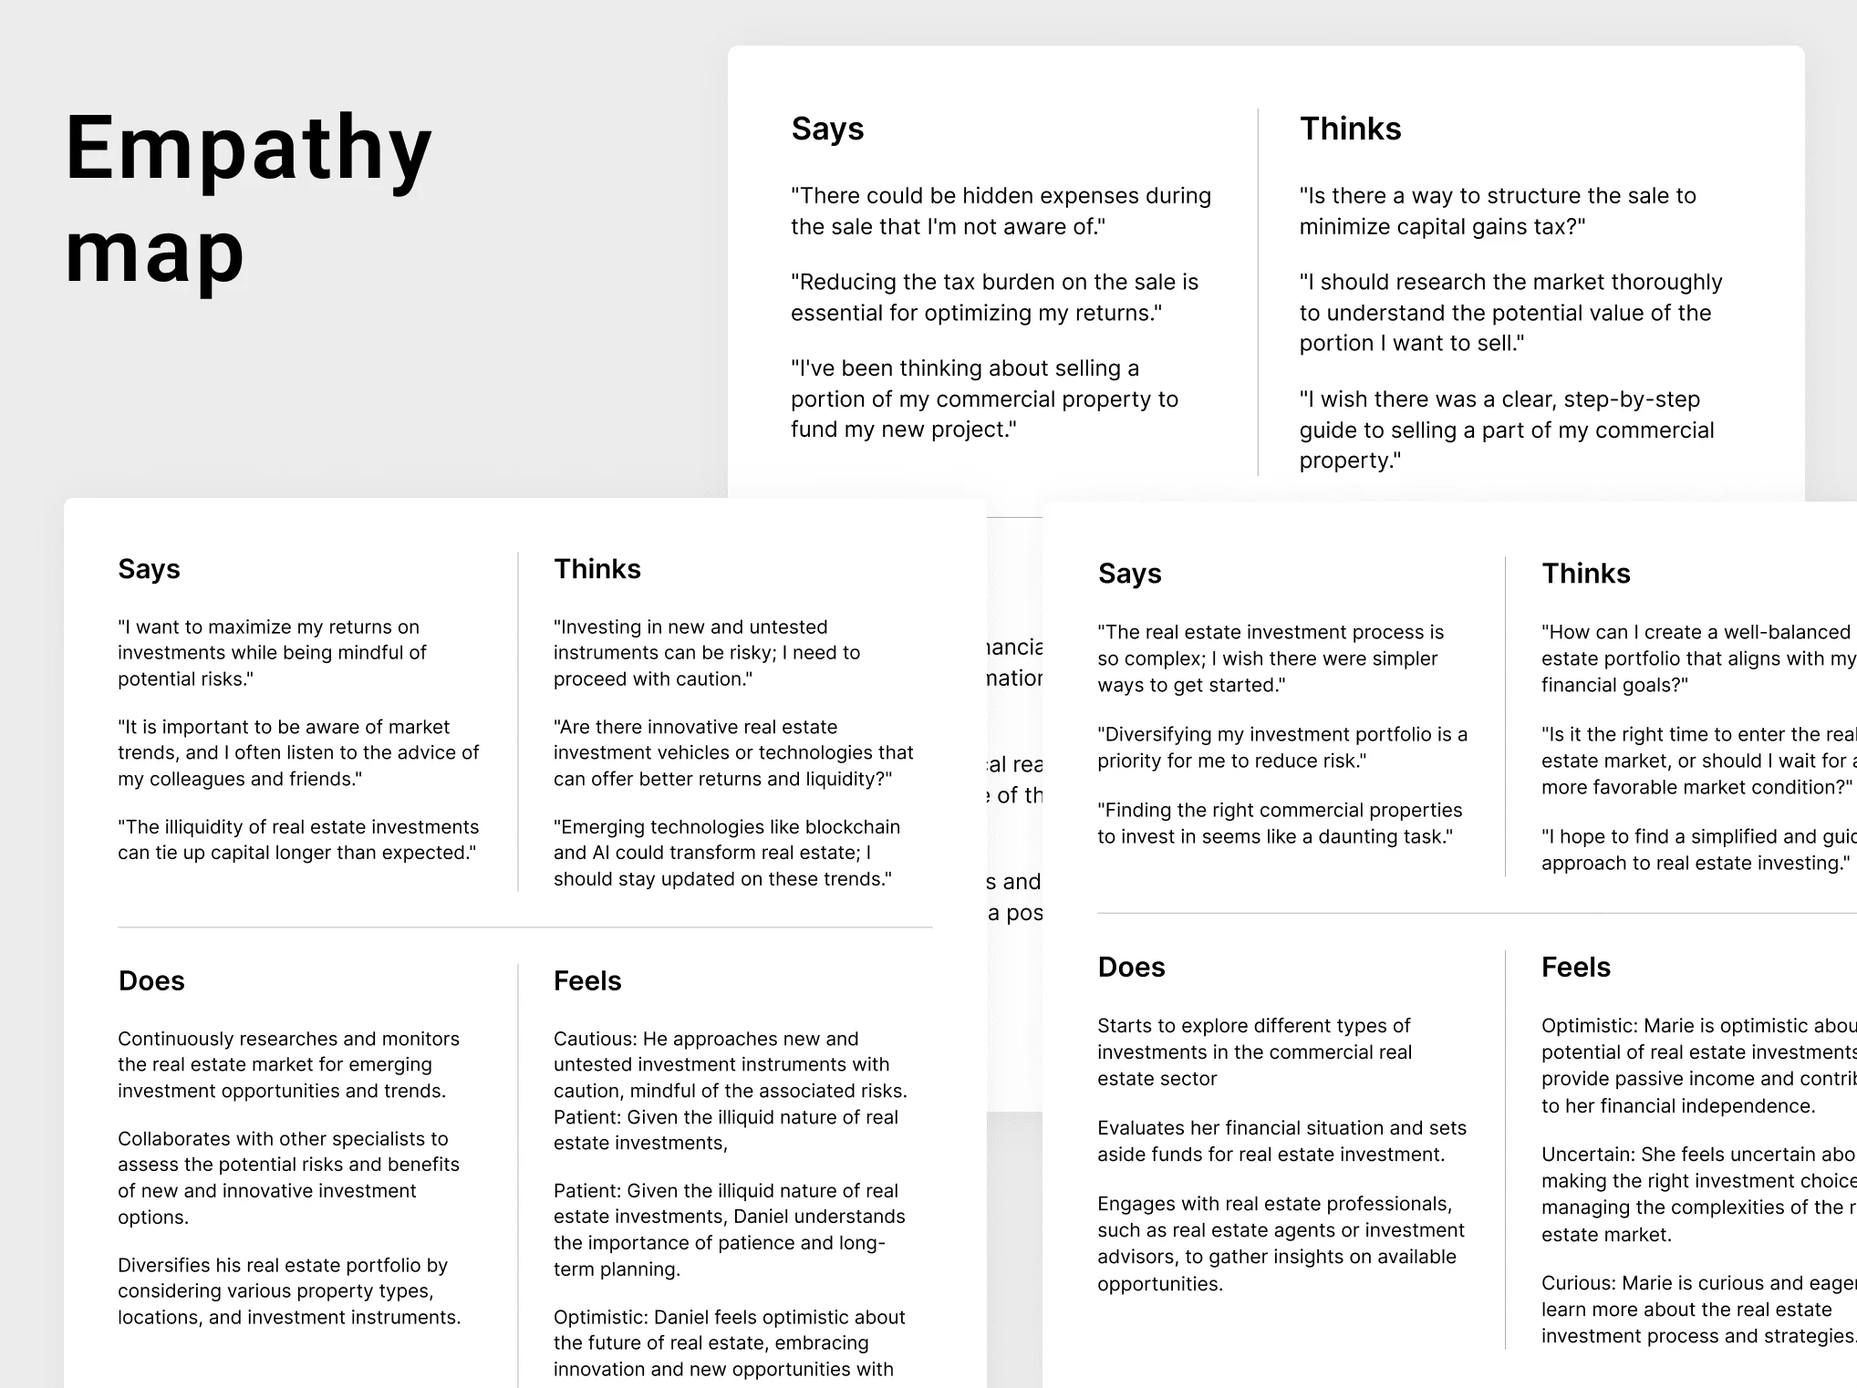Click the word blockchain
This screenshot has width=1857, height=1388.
coord(843,827)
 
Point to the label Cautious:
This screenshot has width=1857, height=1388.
coord(596,1039)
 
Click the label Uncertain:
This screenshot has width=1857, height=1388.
coord(1589,1155)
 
